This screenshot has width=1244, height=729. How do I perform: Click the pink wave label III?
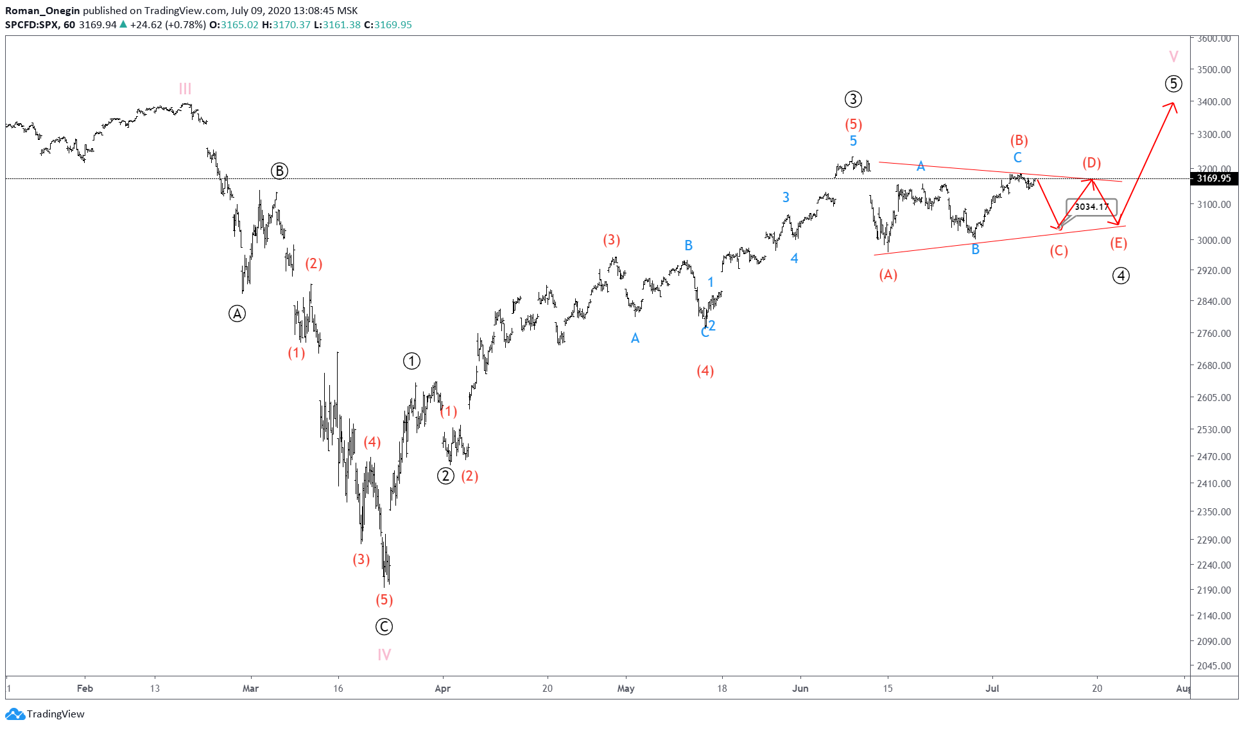coord(185,89)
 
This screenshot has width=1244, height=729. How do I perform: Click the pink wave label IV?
coord(384,655)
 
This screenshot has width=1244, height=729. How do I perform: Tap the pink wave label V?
coord(1173,56)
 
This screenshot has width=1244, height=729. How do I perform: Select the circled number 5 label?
coord(1173,83)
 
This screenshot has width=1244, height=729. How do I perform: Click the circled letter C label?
coord(384,627)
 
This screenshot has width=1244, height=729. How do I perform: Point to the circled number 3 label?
coord(852,99)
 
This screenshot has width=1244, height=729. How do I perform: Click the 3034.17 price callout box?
coord(1091,207)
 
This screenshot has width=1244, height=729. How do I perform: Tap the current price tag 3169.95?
coord(1213,178)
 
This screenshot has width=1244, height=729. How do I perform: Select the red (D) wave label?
coord(1091,162)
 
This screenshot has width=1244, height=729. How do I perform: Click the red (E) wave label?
coord(1118,243)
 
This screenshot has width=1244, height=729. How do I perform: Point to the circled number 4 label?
coord(1121,276)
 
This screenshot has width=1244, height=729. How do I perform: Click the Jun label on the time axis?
coord(800,689)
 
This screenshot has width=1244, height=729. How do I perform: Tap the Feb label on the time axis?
coord(85,689)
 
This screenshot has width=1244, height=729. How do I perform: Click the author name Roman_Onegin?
coord(42,10)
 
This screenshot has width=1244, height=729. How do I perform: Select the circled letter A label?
coord(237,314)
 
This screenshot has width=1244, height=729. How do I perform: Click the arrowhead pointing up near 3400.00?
coord(1173,105)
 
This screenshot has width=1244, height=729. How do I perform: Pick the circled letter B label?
coord(279,171)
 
